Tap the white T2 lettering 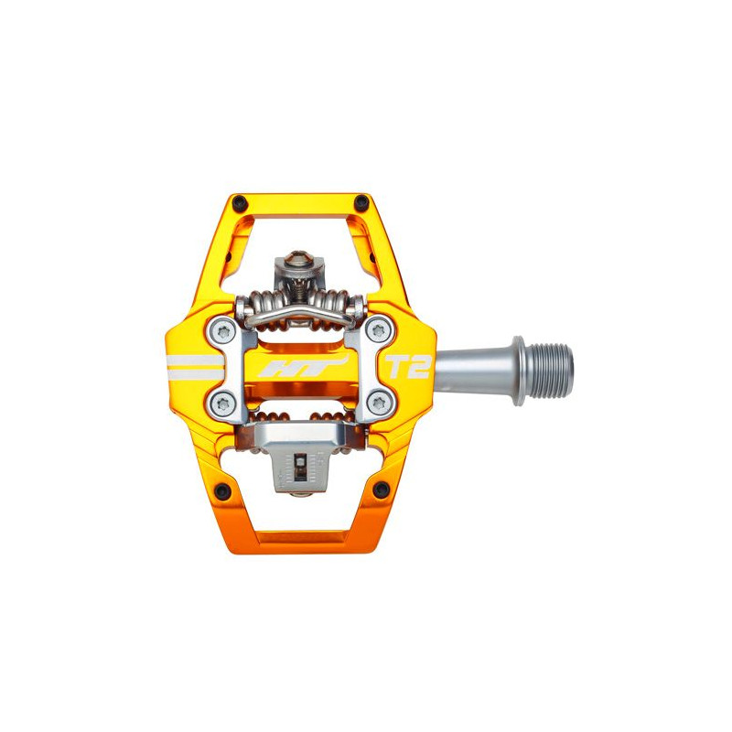(x=406, y=367)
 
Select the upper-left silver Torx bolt (x=224, y=332)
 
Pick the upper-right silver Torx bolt (x=379, y=330)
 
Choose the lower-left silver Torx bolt (x=223, y=404)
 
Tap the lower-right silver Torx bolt (x=379, y=402)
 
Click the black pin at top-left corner (x=240, y=202)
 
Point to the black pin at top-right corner (x=361, y=202)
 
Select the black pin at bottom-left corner (x=223, y=490)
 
